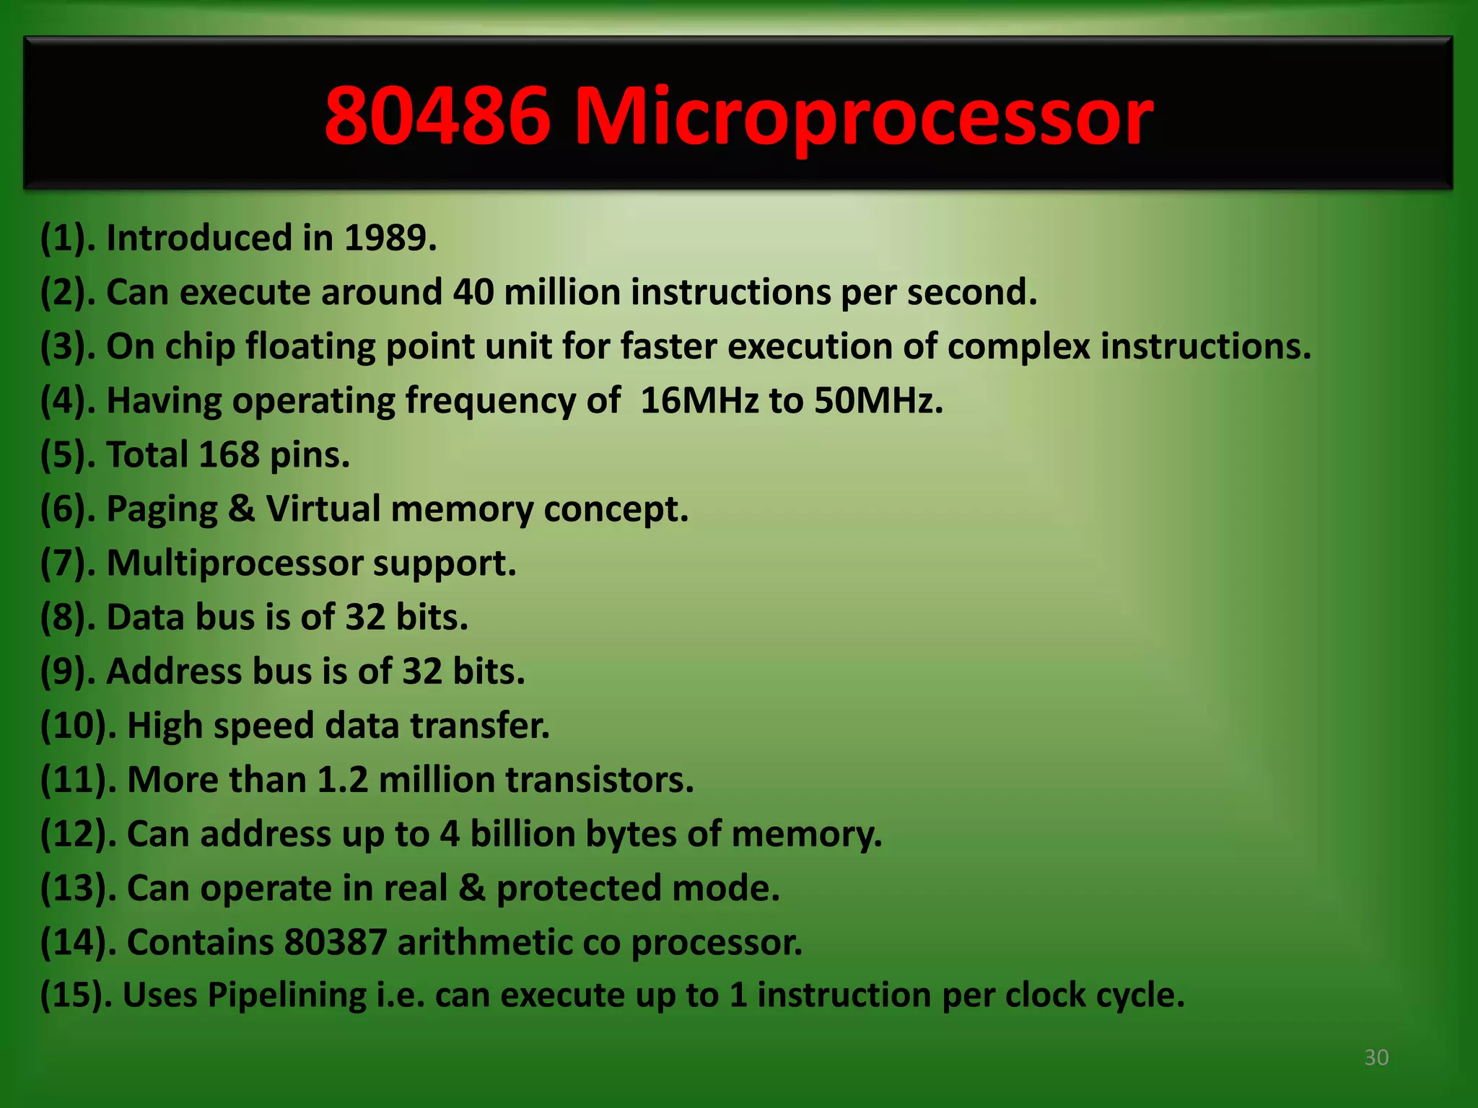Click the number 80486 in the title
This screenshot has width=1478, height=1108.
point(437,115)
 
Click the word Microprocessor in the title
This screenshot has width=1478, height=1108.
point(863,115)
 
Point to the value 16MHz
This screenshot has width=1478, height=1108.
point(699,400)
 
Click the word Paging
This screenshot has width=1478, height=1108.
point(162,509)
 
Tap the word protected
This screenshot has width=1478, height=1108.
point(578,888)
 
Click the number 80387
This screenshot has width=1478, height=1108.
point(336,942)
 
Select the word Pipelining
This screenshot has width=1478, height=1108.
point(287,995)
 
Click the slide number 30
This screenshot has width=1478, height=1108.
point(1376,1058)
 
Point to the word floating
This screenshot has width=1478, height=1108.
point(310,347)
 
